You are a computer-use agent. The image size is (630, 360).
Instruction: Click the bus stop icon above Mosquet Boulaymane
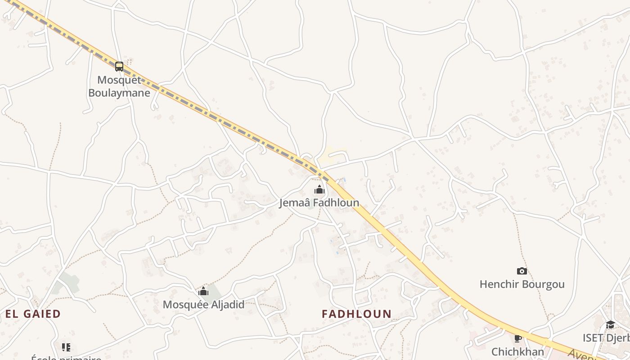[x=119, y=67]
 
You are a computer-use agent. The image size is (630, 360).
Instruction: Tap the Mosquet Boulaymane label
[x=119, y=86]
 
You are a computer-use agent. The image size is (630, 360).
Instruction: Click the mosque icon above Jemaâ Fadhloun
[x=319, y=189]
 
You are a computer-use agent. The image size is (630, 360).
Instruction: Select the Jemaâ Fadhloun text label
[x=319, y=203]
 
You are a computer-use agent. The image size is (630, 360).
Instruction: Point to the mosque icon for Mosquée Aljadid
[x=203, y=292]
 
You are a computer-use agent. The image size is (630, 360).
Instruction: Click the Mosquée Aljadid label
[x=203, y=305]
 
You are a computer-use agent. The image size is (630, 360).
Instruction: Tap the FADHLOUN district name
[x=356, y=314]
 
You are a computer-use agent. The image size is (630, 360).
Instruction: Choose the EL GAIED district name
[x=33, y=314]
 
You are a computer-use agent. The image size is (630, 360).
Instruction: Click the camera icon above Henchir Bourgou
[x=522, y=271]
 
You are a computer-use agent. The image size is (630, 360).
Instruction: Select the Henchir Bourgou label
[x=522, y=284]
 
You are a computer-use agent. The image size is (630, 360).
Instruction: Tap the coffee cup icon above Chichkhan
[x=517, y=338]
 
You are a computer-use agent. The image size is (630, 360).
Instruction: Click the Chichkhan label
[x=517, y=351]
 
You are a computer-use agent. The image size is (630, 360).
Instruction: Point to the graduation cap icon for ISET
[x=610, y=325]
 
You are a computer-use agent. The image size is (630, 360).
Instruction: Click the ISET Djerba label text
[x=606, y=338]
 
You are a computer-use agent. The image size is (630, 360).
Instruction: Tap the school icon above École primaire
[x=66, y=347]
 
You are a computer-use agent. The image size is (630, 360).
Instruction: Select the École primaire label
[x=66, y=358]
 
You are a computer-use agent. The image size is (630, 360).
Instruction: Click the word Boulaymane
[x=119, y=93]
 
